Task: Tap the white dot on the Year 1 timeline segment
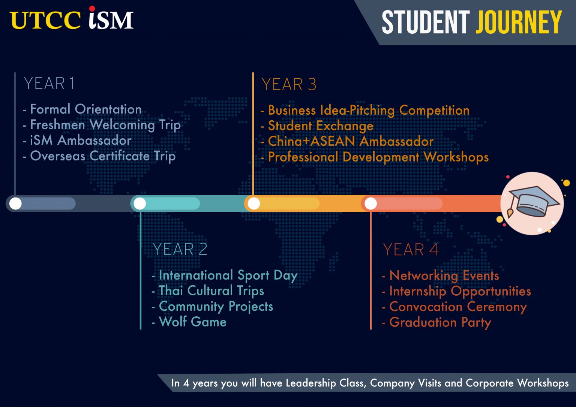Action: [15, 203]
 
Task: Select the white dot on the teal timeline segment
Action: [140, 203]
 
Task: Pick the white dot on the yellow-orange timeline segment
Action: [254, 203]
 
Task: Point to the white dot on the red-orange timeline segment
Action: [370, 203]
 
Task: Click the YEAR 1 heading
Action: [49, 83]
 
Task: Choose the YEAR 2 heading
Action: [180, 249]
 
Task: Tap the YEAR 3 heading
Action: [289, 84]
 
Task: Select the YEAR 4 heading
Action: [411, 250]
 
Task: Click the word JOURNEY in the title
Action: [519, 22]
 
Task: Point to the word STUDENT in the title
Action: [426, 22]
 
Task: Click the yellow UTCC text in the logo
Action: [45, 20]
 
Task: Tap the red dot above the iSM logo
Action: [92, 9]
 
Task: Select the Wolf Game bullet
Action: [189, 322]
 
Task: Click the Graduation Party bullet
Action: [436, 323]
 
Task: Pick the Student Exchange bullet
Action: [317, 126]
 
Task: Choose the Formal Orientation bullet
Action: [82, 109]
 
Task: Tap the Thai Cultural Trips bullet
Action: [208, 290]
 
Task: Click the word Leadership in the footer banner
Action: [311, 383]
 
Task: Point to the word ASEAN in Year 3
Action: [333, 141]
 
